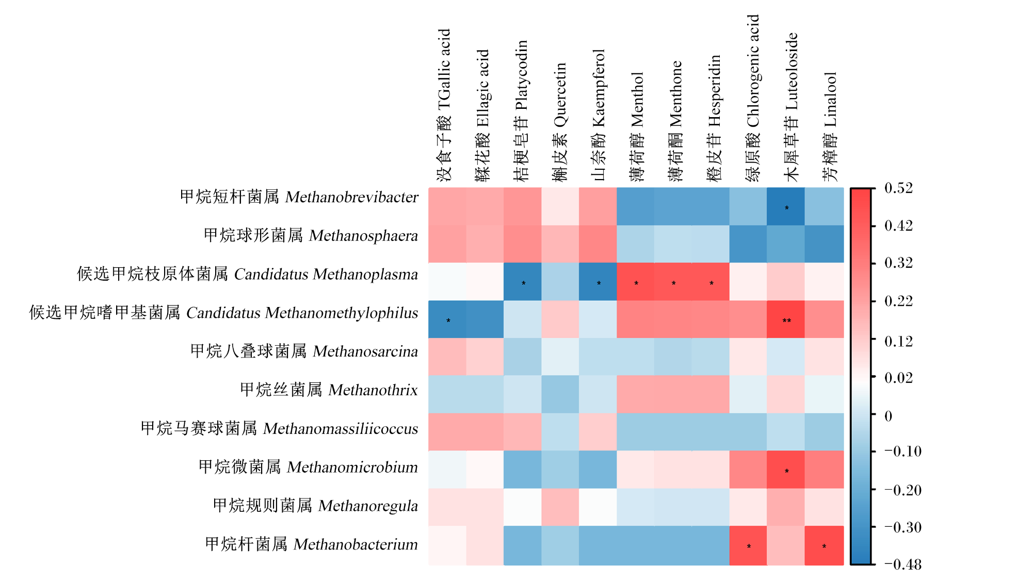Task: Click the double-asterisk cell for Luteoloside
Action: tap(786, 319)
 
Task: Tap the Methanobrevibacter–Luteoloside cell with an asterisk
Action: tap(786, 206)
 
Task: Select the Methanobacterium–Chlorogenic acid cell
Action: tap(748, 545)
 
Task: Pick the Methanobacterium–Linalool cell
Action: tap(824, 545)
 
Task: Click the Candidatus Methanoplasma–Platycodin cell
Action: tap(523, 282)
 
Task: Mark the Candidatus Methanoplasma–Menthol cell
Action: tap(636, 282)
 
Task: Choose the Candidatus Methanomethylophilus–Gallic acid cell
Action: tap(447, 319)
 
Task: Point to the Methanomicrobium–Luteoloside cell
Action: tap(786, 469)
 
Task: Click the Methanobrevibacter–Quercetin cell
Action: tap(560, 206)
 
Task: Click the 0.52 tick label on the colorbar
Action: tap(898, 188)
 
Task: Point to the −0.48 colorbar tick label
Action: tap(902, 564)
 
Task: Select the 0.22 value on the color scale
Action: tap(898, 301)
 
